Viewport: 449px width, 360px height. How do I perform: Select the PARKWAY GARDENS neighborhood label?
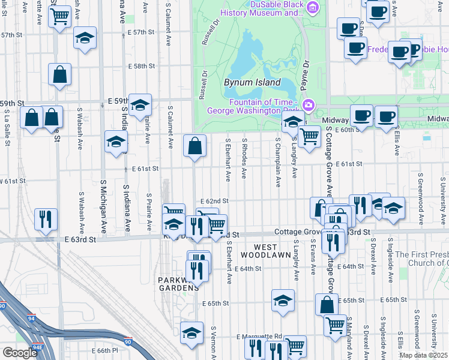pyautogui.click(x=178, y=284)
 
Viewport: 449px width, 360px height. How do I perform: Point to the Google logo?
pyautogui.click(x=20, y=353)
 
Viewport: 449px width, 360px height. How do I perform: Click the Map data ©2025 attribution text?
pyautogui.click(x=423, y=355)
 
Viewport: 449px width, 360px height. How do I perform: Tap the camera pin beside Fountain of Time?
pyautogui.click(x=309, y=106)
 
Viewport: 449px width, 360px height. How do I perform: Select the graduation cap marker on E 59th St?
pyautogui.click(x=140, y=105)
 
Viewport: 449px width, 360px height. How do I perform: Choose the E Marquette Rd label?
pyautogui.click(x=259, y=336)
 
